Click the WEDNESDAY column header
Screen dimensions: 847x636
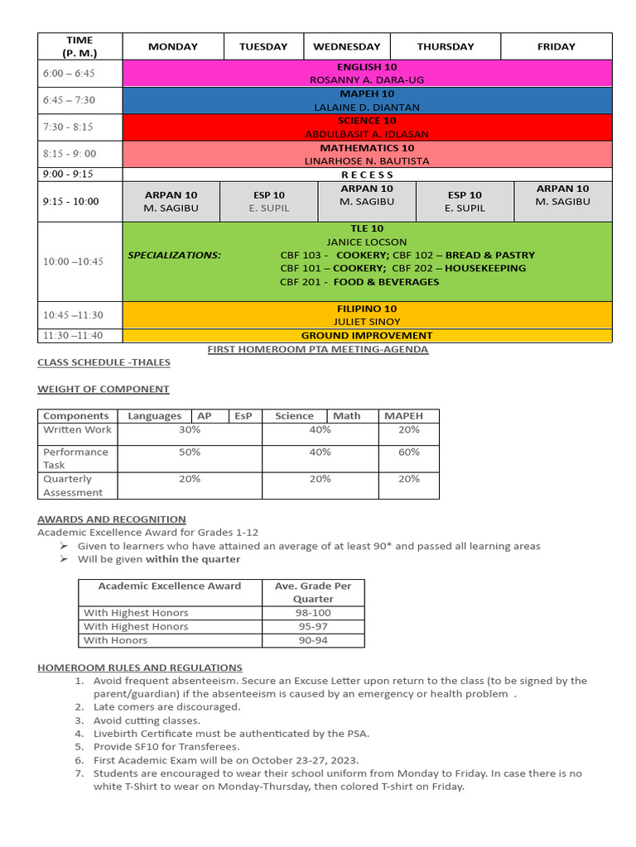(x=346, y=46)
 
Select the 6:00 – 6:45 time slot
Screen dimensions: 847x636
(x=69, y=73)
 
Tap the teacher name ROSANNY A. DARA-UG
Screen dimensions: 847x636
(x=367, y=80)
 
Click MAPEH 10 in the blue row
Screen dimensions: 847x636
(x=367, y=93)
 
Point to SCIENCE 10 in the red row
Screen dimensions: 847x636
(x=367, y=121)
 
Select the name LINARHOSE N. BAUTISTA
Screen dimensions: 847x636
(x=367, y=160)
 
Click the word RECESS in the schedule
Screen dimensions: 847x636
(x=367, y=175)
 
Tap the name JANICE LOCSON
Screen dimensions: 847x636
(x=367, y=242)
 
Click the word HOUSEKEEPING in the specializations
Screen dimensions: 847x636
(x=485, y=268)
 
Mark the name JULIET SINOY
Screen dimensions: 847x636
(x=367, y=321)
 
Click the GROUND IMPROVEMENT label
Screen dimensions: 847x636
(x=367, y=335)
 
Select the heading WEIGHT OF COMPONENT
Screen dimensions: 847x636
(x=104, y=389)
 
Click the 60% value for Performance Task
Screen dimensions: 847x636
(x=408, y=452)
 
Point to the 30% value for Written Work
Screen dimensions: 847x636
(x=190, y=429)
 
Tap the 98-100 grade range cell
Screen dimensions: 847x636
(x=313, y=613)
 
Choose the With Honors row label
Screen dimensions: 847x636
(x=116, y=640)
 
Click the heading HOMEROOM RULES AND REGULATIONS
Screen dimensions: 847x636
(x=140, y=667)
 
